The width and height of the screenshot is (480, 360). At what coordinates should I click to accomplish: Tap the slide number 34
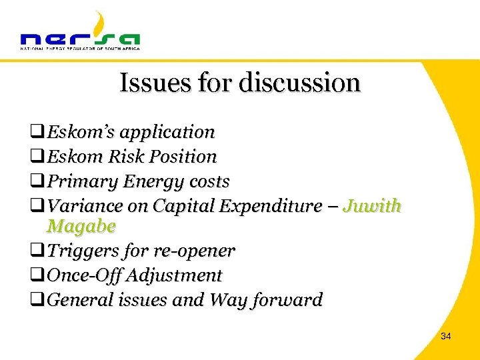coord(446,337)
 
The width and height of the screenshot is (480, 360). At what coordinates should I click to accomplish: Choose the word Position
coord(185,157)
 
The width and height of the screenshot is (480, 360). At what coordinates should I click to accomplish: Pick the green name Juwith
coord(371,206)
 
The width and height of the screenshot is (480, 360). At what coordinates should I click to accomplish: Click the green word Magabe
coord(81,227)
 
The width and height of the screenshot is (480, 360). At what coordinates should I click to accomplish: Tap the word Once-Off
coord(84,275)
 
